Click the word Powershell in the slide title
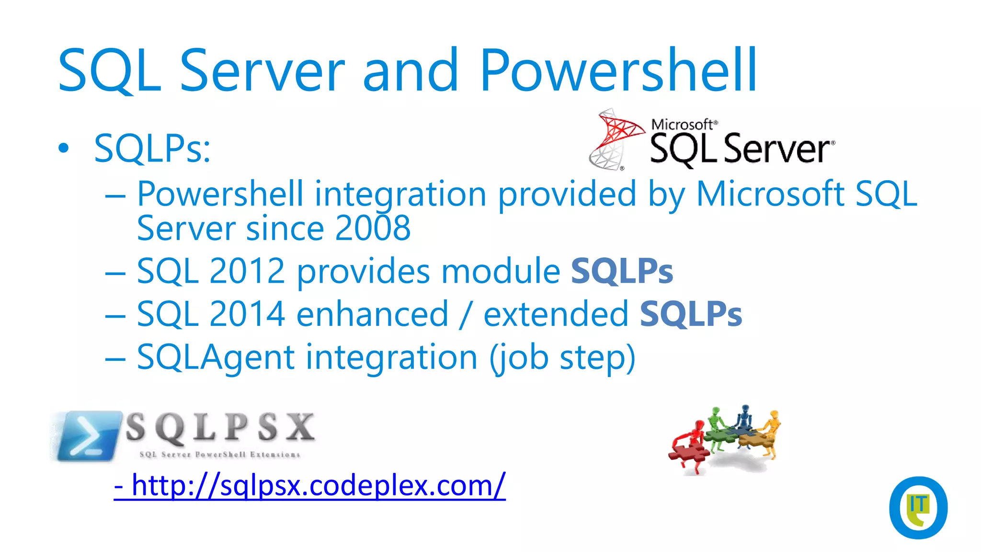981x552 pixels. pos(618,71)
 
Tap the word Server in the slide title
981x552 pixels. pos(262,71)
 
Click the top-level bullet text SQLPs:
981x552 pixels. pos(152,149)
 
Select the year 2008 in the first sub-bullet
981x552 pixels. pos(373,228)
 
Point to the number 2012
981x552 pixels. pos(247,271)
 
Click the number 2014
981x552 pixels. pos(247,314)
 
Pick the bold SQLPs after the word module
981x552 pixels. pos(622,271)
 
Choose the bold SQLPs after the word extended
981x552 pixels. pos(691,314)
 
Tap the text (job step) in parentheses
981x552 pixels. pos(562,357)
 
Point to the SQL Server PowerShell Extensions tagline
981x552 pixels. pos(219,454)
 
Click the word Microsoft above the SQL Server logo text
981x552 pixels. pos(682,125)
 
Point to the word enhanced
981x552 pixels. pos(372,314)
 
